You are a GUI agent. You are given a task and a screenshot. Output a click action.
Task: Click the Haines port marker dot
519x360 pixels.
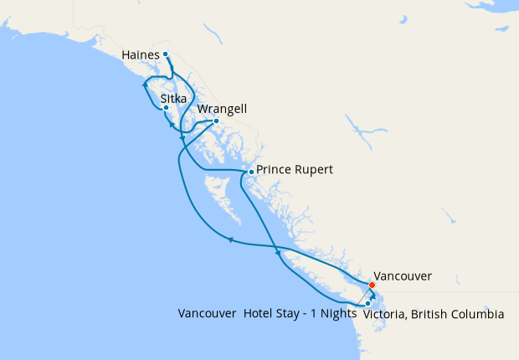[x=166, y=54]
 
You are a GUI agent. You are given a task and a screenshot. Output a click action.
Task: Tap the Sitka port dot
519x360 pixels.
[x=167, y=107]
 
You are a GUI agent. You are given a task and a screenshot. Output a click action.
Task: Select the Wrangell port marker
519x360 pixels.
[x=216, y=121]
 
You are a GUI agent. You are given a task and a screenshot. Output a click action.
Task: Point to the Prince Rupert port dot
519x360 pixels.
[x=250, y=172]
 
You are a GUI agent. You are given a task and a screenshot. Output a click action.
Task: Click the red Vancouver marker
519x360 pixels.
[x=373, y=285]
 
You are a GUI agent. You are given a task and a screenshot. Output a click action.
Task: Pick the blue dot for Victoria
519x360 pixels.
[x=367, y=303]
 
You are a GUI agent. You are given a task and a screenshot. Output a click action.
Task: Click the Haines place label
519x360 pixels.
[x=140, y=55]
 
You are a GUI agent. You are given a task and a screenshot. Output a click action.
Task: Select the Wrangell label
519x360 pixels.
[x=223, y=110]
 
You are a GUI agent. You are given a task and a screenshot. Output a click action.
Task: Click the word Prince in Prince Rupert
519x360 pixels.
[x=274, y=170]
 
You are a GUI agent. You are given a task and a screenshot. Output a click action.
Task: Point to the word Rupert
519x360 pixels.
[x=314, y=170]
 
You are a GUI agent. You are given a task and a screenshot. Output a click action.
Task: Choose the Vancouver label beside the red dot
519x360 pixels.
[x=403, y=275]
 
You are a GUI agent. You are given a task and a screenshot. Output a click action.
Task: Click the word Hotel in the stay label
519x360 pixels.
[x=260, y=314]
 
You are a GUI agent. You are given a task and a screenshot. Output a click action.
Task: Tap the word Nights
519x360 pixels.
[x=337, y=314]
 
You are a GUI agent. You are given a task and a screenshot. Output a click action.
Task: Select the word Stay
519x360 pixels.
[x=293, y=314]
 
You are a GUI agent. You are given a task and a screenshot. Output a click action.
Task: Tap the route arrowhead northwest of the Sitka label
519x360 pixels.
[x=146, y=85]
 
